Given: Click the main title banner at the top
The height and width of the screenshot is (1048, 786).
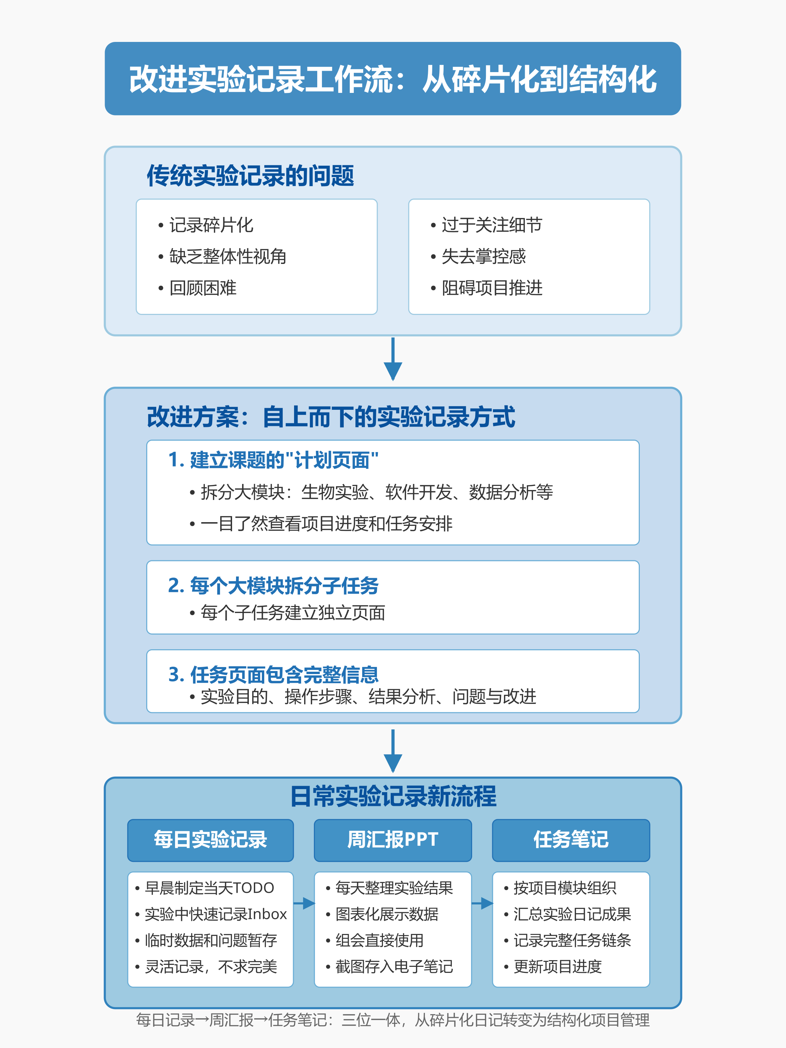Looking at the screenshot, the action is point(393,79).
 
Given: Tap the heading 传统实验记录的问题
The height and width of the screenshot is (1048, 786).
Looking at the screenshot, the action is point(250,176).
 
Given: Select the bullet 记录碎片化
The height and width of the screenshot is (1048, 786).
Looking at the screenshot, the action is point(206,225).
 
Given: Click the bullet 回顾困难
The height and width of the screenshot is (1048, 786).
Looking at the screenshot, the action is point(198,288).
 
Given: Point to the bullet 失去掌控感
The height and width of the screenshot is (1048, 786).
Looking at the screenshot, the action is point(479,256).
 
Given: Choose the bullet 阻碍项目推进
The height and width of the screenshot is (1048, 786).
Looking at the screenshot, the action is point(487,288).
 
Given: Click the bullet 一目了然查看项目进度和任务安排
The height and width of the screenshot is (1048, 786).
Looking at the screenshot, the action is point(321,523).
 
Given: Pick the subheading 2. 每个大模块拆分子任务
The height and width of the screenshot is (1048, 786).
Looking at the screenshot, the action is point(273,586).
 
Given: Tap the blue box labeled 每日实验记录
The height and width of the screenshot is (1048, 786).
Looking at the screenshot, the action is point(210,840).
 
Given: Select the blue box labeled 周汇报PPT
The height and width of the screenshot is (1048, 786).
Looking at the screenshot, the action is point(393,840).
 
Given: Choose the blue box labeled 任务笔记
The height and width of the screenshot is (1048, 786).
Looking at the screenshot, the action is point(571,840).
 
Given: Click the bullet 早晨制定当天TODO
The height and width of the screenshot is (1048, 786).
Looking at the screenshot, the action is point(205,888).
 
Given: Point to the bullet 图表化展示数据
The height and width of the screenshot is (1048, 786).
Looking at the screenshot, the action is point(382,914).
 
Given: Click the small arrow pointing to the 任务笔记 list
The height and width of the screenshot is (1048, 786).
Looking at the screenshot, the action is point(482,903).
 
